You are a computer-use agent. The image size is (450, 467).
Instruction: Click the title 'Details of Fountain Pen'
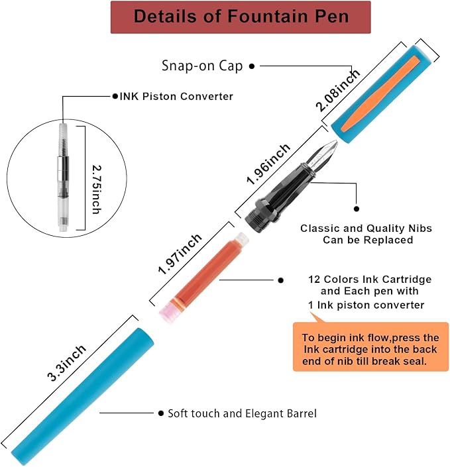241,16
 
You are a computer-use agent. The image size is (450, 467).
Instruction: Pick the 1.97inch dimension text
180,252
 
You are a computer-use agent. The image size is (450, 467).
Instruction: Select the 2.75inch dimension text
97,180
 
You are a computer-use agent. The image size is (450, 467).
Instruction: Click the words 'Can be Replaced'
368,240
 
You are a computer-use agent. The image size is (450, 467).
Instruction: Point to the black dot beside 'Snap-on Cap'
252,66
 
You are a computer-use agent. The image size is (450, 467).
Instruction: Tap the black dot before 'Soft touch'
161,413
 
